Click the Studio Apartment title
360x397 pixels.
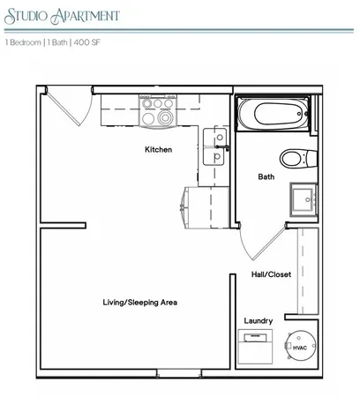(63, 15)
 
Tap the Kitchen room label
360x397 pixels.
(158, 150)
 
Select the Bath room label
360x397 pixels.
(266, 176)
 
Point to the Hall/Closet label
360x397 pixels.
(271, 274)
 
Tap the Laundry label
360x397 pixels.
(258, 320)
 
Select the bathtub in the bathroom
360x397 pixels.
(274, 116)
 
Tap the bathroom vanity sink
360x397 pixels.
(304, 198)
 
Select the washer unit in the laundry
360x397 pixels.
(257, 348)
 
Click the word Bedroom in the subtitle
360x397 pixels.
(24, 42)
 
